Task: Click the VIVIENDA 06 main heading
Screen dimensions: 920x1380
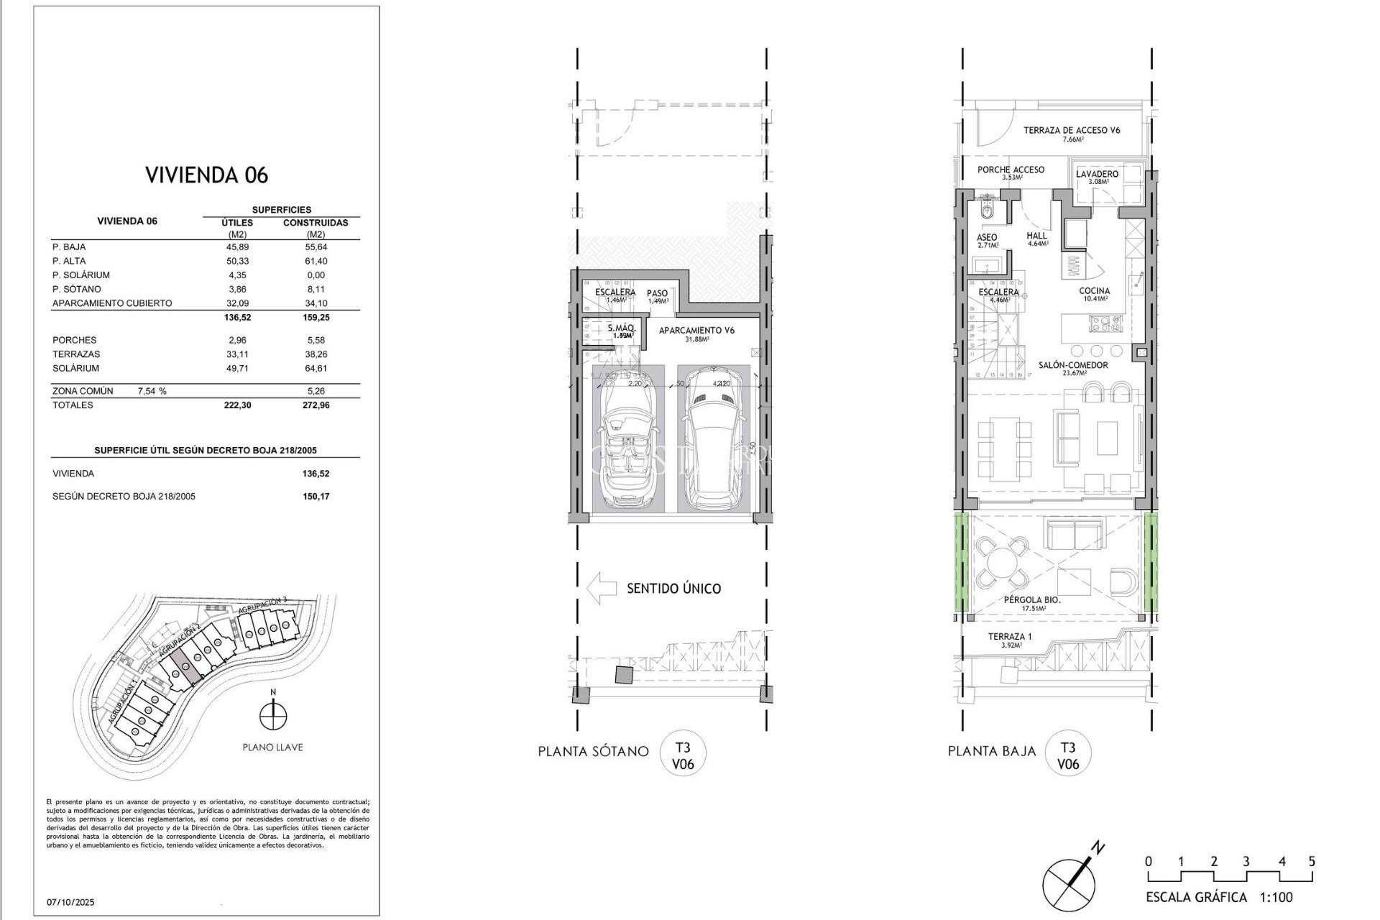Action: coord(206,175)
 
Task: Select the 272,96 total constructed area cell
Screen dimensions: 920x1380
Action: coord(316,405)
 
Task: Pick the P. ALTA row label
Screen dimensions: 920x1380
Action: coord(69,261)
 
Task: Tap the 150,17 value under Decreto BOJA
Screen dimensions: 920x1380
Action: coord(316,497)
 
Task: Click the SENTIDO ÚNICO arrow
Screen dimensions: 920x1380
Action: coord(602,588)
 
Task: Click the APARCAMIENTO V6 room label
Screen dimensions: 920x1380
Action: coord(697,331)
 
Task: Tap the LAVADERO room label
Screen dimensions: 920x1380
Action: coord(1097,174)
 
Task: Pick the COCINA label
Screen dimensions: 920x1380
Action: coord(1094,291)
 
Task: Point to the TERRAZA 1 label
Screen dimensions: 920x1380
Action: coord(1009,637)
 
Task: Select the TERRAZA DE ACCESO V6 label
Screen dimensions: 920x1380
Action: coord(1072,130)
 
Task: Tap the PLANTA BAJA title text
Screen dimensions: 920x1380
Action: coord(991,751)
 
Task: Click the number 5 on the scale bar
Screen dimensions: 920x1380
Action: coord(1312,862)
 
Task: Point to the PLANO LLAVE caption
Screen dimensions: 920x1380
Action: coord(272,747)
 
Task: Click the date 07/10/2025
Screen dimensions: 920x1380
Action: coord(70,902)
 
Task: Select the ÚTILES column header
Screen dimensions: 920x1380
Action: coord(237,223)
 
